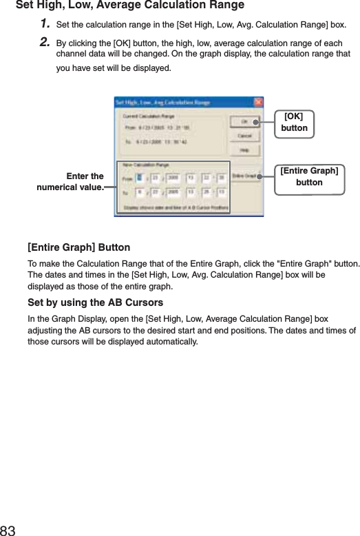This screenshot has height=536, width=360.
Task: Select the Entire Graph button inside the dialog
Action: (x=245, y=176)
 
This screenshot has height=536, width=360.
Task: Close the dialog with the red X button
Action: (x=259, y=102)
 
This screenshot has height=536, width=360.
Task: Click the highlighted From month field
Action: (x=140, y=177)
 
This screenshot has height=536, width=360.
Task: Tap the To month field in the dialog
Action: (x=140, y=193)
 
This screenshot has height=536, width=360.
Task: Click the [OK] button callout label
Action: (x=295, y=122)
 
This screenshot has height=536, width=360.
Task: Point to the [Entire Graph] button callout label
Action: (x=309, y=176)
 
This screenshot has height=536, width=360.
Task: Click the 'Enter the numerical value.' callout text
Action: (x=71, y=182)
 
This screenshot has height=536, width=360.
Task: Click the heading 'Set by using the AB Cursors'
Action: (x=95, y=303)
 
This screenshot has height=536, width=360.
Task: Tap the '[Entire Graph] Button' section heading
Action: (x=78, y=247)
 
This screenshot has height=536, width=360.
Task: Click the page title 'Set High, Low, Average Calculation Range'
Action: (x=129, y=6)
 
